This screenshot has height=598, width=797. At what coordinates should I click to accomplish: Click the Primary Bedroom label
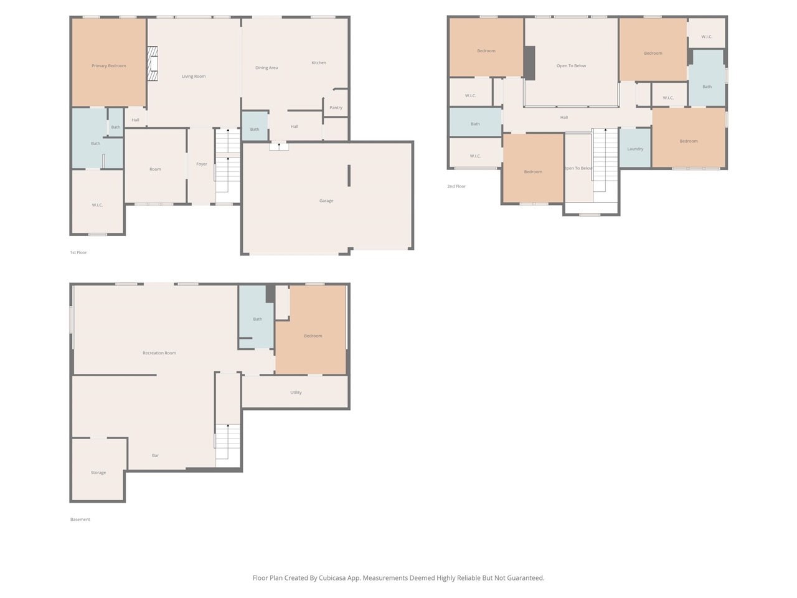(x=108, y=66)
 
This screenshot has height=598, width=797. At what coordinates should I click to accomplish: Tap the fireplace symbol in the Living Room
(x=153, y=64)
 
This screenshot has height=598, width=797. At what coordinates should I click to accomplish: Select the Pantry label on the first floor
(x=336, y=108)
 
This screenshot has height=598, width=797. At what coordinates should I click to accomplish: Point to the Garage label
(x=326, y=201)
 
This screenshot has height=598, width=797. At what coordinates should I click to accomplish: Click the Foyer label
(x=202, y=164)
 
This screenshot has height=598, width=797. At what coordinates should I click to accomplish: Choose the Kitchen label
(x=319, y=63)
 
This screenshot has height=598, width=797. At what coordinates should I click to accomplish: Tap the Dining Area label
(x=266, y=68)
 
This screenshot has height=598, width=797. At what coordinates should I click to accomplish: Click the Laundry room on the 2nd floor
(x=635, y=149)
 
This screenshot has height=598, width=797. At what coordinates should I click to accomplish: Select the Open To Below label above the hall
(x=571, y=66)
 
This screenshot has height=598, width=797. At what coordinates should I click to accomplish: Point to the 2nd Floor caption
(x=456, y=186)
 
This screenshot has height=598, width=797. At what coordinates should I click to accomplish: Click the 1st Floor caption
(x=78, y=252)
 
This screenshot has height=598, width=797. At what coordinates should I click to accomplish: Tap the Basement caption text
(x=80, y=520)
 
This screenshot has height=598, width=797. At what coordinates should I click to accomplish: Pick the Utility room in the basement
(x=296, y=392)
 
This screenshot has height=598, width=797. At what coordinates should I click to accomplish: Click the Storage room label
(x=98, y=473)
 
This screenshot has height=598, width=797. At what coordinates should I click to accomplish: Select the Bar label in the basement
(x=155, y=455)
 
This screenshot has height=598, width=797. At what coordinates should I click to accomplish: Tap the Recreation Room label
(x=159, y=353)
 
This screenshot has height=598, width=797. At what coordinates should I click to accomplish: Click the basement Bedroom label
(x=313, y=336)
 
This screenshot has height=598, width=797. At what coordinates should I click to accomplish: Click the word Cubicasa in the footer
(x=334, y=578)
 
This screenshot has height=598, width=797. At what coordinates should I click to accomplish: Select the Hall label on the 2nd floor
(x=564, y=118)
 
